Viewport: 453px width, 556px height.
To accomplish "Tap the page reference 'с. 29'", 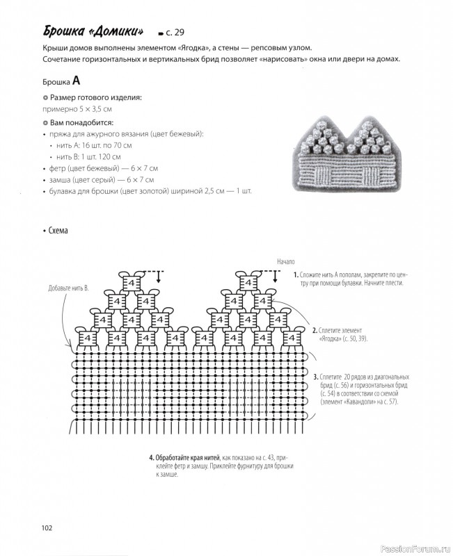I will point(175,33).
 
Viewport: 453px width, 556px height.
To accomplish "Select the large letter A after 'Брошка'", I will point(77,80).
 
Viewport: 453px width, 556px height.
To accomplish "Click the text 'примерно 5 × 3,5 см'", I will point(77,110).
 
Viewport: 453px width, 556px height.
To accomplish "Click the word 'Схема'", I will point(58,231).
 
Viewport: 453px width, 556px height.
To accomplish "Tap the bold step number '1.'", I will point(296,275).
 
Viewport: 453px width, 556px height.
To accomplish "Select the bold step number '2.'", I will point(315,331).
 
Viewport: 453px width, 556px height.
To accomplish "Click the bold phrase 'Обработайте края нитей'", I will point(186,458).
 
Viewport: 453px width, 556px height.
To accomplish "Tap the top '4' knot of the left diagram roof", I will point(130,284).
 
